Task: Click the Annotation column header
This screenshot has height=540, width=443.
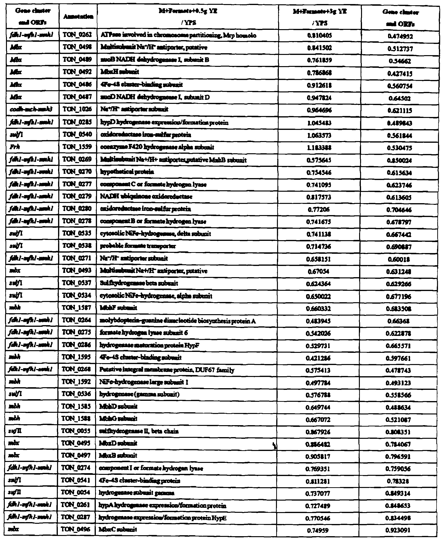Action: [78, 17]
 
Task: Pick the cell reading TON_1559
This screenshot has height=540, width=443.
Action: [77, 147]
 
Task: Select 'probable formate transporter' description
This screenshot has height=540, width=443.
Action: [138, 246]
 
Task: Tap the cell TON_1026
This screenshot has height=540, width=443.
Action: [77, 109]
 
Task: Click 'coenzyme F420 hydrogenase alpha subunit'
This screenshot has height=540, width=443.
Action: [157, 147]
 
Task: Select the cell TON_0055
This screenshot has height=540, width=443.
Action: [76, 431]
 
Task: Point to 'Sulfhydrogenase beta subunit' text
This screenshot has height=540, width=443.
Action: [139, 283]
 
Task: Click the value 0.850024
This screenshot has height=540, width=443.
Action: [399, 160]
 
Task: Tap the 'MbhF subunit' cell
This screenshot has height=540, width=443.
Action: [119, 308]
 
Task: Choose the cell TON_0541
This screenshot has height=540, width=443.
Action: [76, 481]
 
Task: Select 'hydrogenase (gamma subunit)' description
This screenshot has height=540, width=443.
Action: [140, 394]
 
